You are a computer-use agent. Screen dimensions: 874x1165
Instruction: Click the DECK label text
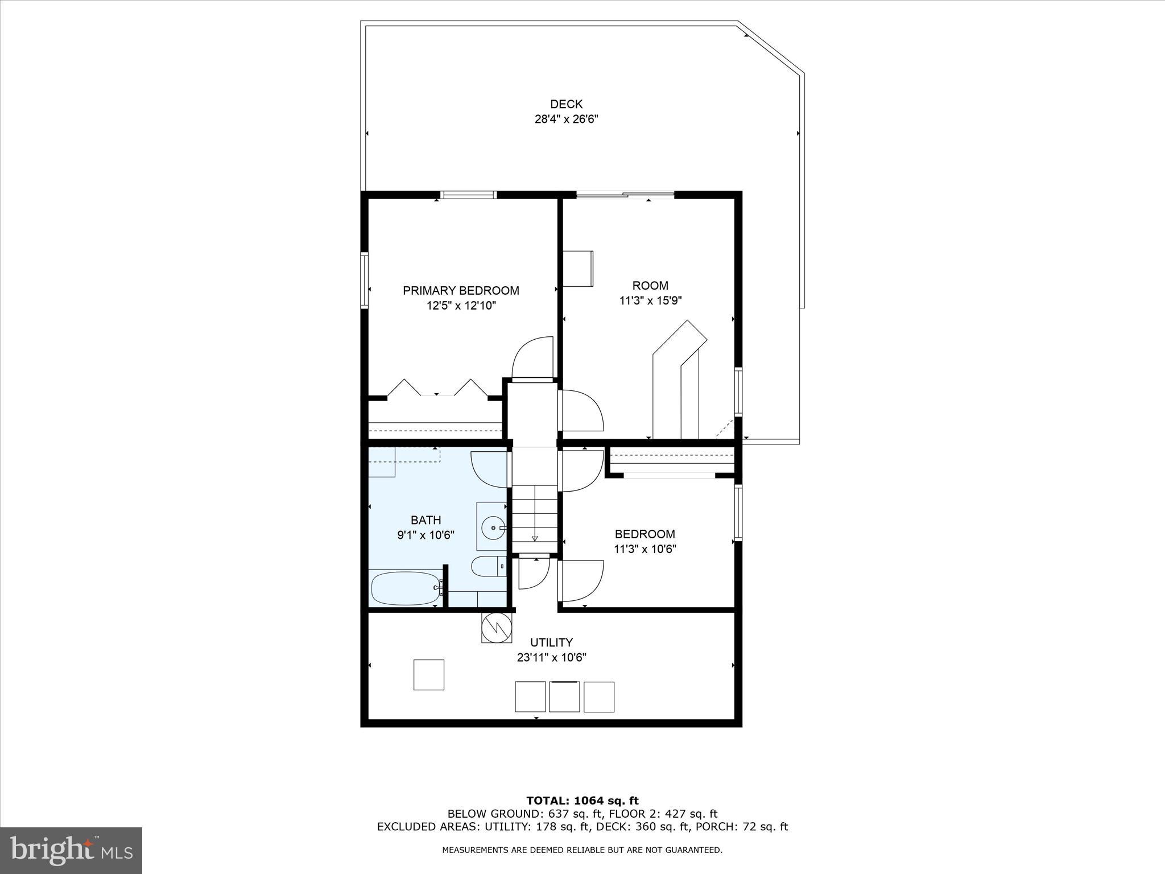[x=566, y=104]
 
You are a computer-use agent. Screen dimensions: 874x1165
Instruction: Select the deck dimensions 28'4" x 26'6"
[x=566, y=119]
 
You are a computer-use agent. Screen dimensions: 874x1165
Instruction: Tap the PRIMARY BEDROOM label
[x=461, y=291]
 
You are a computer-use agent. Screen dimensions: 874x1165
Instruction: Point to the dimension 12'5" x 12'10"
[x=461, y=306]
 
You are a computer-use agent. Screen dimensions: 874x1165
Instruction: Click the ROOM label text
[x=650, y=286]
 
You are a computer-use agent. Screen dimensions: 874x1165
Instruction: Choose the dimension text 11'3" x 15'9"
[x=650, y=300]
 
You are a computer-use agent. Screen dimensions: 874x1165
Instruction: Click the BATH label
[x=425, y=520]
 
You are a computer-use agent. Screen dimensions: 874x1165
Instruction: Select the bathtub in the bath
[x=404, y=588]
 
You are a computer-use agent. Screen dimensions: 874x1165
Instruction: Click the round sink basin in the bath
[x=493, y=528]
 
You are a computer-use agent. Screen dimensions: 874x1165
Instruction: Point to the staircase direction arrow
[x=535, y=537]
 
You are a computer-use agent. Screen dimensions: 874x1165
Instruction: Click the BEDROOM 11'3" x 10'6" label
[x=645, y=541]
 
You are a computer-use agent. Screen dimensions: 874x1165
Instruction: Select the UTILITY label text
[x=551, y=642]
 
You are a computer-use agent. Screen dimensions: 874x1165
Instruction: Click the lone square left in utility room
[x=428, y=675]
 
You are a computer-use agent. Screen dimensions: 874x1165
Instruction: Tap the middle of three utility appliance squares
[x=564, y=696]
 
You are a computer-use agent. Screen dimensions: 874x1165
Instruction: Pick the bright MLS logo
[x=71, y=850]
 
